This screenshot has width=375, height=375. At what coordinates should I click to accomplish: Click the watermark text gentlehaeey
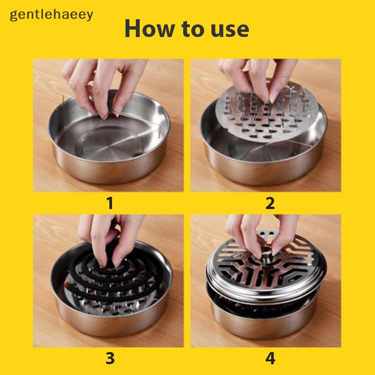52,15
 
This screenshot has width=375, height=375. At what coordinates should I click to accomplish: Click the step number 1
110,203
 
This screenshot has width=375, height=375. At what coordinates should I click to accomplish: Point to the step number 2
270,203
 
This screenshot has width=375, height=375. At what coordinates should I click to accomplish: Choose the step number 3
110,359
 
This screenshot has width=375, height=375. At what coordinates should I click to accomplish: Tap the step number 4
270,359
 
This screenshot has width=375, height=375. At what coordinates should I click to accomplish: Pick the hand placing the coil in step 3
105,237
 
